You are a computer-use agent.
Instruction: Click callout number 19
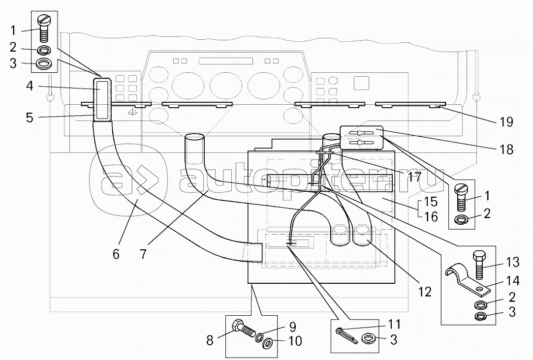(506, 122)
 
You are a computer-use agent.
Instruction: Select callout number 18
(506, 150)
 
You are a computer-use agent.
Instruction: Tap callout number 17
(414, 177)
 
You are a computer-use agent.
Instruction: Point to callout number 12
(424, 292)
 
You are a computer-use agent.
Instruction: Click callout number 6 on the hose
(116, 254)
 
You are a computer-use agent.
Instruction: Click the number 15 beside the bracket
(431, 201)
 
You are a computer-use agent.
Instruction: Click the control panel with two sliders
(361, 137)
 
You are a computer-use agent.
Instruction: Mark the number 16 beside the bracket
(431, 217)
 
